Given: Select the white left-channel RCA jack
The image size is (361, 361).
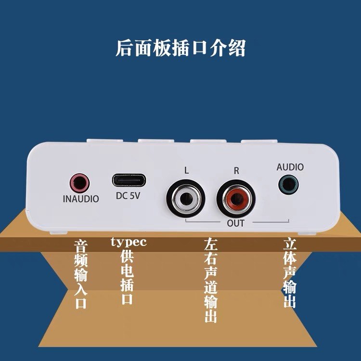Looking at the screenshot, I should click(183, 197).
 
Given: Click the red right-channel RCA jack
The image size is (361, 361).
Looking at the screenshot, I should click(234, 197).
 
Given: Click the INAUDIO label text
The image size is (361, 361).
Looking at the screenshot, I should click(81, 199).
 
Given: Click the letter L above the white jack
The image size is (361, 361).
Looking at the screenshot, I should click(186, 170).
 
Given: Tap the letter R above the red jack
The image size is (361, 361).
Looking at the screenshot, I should click(236, 170).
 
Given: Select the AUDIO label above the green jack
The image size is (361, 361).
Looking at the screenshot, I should click(290, 167).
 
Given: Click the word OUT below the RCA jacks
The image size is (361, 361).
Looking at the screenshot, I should click(235, 223).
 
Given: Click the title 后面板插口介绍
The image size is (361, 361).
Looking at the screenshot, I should click(180, 49).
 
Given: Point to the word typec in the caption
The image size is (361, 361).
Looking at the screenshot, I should click(129, 242).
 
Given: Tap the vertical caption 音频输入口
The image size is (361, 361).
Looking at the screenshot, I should click(80, 274).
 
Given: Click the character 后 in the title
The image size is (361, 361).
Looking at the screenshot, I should click(124, 49).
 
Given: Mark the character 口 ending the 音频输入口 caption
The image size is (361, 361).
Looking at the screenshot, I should click(80, 303).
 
